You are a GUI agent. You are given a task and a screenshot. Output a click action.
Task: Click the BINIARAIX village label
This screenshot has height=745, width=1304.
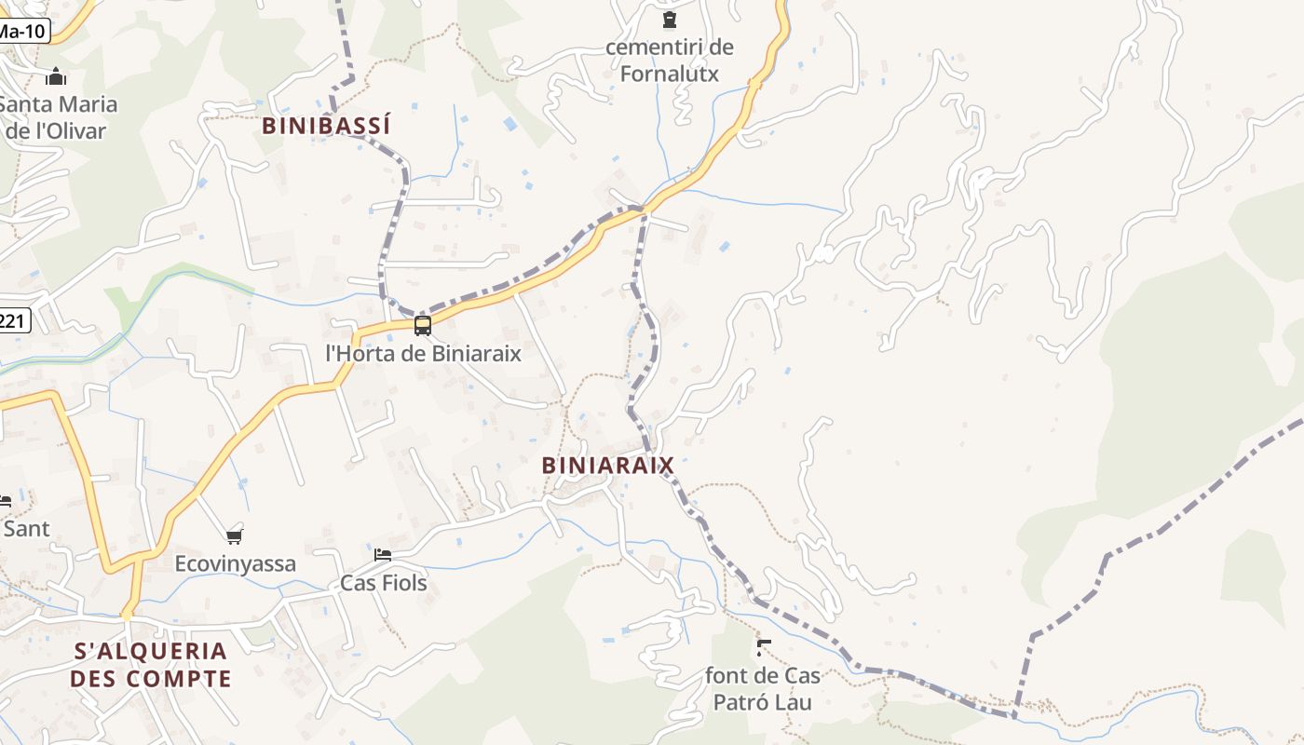[607, 465]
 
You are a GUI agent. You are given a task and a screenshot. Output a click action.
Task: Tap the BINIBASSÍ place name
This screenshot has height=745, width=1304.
[326, 126]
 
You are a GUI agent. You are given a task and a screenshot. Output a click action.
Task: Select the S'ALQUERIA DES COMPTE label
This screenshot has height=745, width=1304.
[150, 664]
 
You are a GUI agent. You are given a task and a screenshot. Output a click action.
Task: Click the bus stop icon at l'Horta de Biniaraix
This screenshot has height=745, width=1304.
[423, 325]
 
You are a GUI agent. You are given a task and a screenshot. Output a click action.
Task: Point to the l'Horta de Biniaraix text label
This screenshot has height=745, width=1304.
[423, 354]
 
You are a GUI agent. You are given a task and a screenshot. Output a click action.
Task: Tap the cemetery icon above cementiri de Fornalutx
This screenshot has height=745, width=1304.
[669, 20]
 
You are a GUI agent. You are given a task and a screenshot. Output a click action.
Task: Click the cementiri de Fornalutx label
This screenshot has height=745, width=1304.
[669, 60]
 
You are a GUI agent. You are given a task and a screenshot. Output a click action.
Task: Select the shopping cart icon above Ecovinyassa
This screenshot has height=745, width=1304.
[234, 536]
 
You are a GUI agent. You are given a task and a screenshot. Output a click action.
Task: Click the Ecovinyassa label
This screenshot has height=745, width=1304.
[236, 563]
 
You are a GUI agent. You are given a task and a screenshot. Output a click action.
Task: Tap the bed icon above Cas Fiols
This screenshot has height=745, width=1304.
[382, 555]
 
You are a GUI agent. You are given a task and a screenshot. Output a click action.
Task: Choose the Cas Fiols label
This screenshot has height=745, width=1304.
[383, 583]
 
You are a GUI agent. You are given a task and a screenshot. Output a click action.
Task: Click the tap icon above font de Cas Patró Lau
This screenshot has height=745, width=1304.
[764, 646]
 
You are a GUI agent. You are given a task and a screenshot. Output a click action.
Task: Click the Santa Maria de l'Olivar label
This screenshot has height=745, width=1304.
[56, 116]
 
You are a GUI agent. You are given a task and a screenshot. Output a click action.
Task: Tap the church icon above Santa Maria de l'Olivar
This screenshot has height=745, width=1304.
[56, 76]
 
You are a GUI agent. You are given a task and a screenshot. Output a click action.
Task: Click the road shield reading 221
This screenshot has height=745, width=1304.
[13, 322]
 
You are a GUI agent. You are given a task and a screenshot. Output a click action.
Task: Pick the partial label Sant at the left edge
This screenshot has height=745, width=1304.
[25, 529]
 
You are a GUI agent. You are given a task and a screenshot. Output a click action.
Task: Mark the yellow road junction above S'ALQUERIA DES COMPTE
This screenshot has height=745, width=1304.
[128, 615]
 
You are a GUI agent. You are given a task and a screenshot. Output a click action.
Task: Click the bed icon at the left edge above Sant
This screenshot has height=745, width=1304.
[5, 502]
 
